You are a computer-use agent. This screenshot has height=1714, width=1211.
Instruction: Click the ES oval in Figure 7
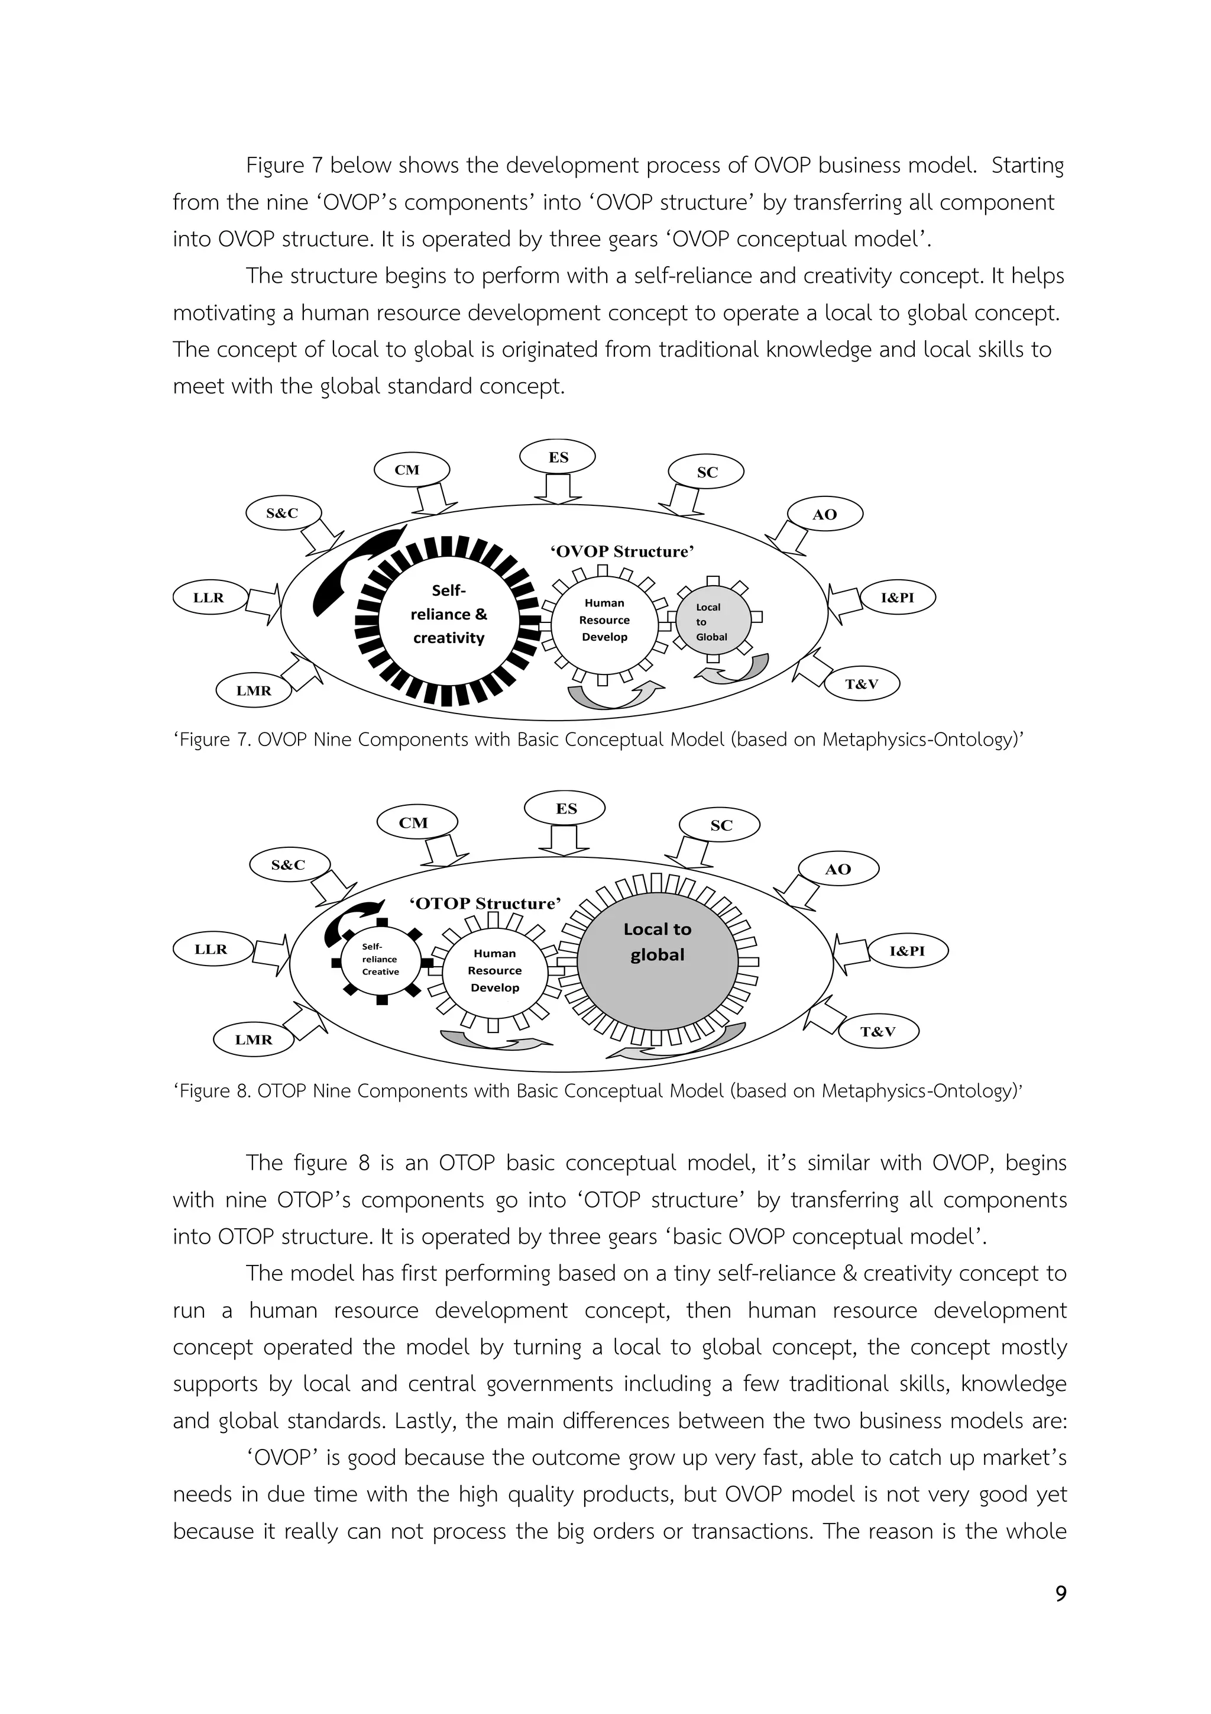tap(558, 457)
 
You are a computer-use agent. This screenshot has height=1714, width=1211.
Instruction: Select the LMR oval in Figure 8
tap(254, 1039)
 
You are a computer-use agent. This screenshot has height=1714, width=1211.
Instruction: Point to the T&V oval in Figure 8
tap(878, 1032)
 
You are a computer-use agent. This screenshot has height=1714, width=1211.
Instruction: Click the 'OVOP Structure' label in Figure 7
tap(622, 551)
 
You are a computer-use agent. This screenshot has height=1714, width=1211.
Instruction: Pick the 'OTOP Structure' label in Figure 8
tap(485, 903)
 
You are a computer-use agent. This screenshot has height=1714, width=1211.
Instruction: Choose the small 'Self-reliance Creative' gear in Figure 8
tap(381, 961)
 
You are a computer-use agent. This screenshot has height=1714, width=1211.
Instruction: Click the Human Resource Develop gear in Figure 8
tap(495, 970)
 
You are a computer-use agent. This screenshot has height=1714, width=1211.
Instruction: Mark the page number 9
tap(1060, 1594)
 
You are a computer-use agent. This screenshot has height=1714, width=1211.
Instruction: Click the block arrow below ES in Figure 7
tap(558, 489)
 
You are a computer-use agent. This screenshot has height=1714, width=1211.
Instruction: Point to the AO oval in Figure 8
tap(838, 869)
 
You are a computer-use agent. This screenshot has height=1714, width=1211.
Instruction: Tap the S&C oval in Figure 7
tap(282, 513)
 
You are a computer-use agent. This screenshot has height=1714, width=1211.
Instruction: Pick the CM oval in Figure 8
tap(413, 822)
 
